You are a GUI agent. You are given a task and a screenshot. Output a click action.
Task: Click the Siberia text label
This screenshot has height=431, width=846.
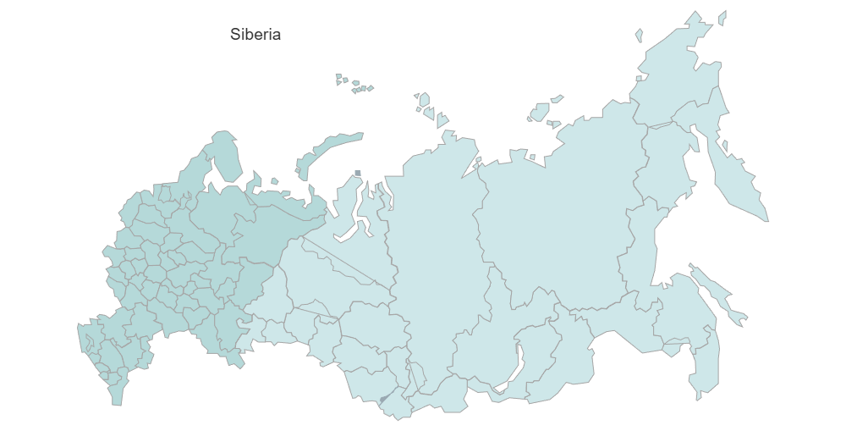click(x=255, y=35)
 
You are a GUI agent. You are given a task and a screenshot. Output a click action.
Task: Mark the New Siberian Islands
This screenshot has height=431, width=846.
click(x=541, y=111)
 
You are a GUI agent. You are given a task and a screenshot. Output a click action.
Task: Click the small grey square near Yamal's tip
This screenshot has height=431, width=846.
click(x=358, y=174)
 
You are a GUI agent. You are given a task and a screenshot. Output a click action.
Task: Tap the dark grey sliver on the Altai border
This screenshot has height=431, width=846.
click(x=385, y=397)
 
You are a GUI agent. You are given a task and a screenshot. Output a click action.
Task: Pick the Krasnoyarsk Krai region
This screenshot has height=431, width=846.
click(x=431, y=254)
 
